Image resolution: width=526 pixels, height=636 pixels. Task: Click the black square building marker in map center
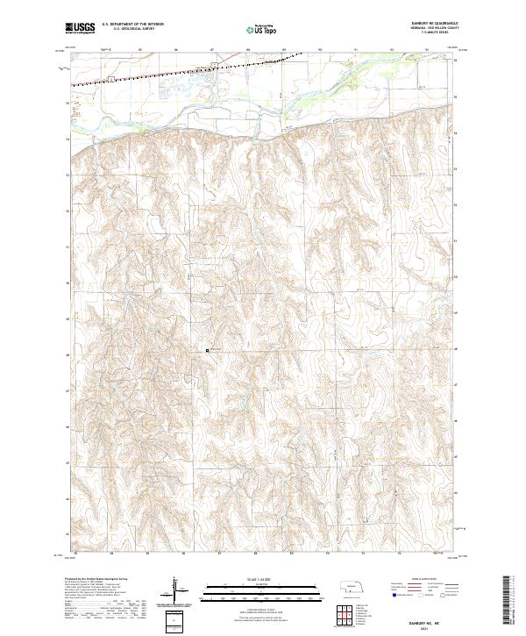coord(207,350)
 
